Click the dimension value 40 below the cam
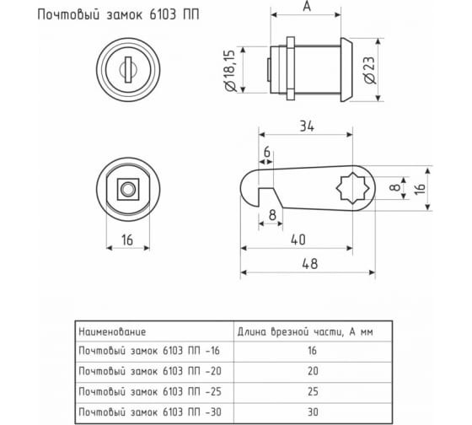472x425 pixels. pyautogui.click(x=297, y=239)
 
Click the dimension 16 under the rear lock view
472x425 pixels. pyautogui.click(x=128, y=239)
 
